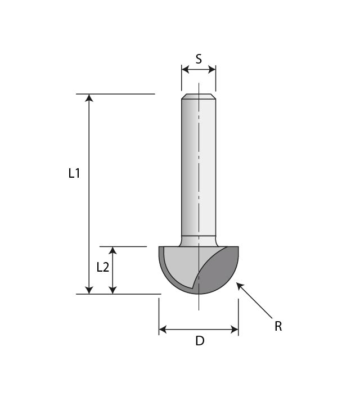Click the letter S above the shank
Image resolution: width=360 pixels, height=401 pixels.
[199, 58]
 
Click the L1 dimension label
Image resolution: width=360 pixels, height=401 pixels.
[74, 174]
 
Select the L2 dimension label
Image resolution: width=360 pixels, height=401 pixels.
[102, 267]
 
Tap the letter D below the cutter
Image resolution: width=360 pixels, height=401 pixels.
[199, 341]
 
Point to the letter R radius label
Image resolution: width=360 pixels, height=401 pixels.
[278, 326]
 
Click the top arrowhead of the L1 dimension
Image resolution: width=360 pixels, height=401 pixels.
[88, 98]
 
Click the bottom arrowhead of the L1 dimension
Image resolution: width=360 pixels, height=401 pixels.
[88, 290]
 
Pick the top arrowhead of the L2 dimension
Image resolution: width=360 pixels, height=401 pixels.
[113, 250]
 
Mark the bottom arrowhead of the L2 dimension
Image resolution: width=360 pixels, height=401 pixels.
[113, 290]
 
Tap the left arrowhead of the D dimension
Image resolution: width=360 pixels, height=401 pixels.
[163, 330]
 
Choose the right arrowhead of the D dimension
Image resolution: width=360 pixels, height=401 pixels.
[235, 330]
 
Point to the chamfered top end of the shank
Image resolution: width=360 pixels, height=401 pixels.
[199, 96]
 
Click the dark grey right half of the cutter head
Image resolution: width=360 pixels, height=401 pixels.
[222, 273]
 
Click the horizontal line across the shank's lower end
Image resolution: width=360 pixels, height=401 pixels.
[199, 235]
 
